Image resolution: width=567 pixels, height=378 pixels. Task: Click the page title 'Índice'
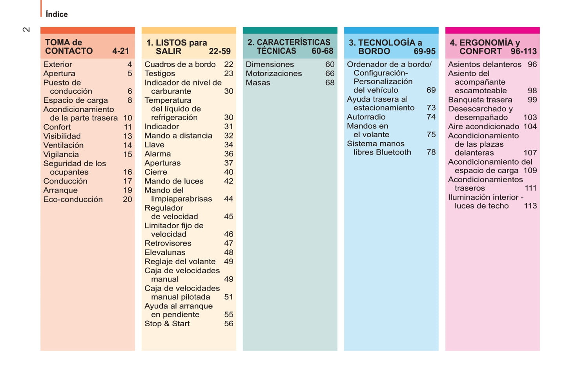(57, 15)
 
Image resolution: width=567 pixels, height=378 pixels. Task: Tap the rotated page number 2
(26, 29)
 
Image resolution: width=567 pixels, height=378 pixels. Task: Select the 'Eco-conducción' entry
(73, 199)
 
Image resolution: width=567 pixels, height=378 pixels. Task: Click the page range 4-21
(120, 51)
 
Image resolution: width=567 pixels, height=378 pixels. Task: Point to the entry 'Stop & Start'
(167, 323)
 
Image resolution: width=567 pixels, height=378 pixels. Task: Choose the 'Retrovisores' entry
(168, 243)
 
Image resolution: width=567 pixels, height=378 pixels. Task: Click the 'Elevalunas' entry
(165, 252)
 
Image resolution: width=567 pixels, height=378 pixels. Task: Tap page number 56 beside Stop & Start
(228, 323)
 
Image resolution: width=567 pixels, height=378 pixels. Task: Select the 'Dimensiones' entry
(270, 64)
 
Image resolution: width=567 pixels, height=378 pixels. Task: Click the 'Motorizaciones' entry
(273, 73)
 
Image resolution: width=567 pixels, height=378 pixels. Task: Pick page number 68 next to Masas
(330, 83)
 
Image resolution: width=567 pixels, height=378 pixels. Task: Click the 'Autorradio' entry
(366, 117)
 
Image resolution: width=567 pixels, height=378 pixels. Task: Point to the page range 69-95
(424, 51)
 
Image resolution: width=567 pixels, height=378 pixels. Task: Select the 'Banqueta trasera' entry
(480, 100)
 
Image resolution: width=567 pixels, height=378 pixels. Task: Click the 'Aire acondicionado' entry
(483, 126)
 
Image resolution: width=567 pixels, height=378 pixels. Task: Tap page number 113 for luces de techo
(530, 206)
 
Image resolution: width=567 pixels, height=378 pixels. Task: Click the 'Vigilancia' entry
(61, 154)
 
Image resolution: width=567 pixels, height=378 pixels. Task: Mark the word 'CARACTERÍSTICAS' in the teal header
(294, 42)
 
